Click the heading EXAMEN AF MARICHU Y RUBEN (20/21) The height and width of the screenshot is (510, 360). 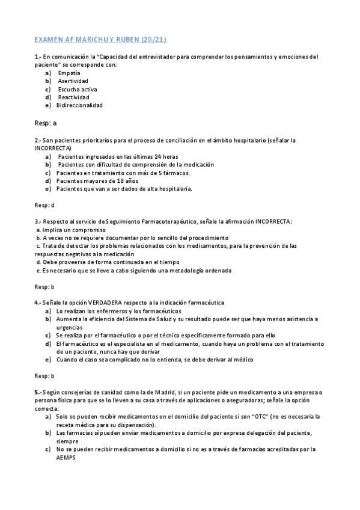(100, 40)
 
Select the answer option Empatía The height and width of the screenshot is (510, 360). (69, 73)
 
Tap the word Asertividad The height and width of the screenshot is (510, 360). (73, 81)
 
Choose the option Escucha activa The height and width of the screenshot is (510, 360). (78, 89)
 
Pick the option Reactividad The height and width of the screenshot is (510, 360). (73, 97)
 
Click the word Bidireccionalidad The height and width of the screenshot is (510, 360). (79, 105)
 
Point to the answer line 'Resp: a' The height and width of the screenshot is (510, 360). (46, 123)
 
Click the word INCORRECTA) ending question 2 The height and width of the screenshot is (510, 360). (53, 148)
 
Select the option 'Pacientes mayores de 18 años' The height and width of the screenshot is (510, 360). (97, 180)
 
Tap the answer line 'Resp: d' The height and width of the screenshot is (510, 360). (44, 205)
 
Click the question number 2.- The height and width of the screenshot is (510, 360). (37, 140)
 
